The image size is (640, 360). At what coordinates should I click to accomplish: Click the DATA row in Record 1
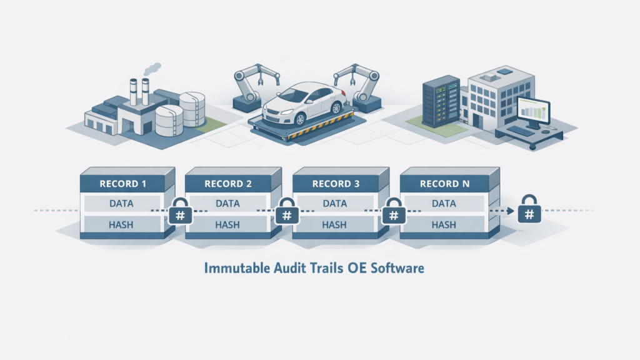[x=125, y=203]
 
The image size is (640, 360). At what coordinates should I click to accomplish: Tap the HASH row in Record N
[x=444, y=224]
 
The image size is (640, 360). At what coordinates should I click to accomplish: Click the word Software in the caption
[x=400, y=269]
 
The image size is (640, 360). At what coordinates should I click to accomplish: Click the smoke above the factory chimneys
[x=150, y=67]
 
